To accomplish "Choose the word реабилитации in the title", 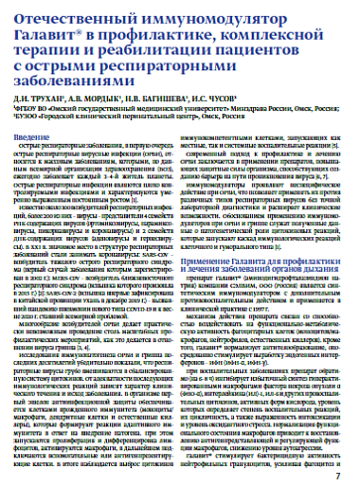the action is [162, 51].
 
